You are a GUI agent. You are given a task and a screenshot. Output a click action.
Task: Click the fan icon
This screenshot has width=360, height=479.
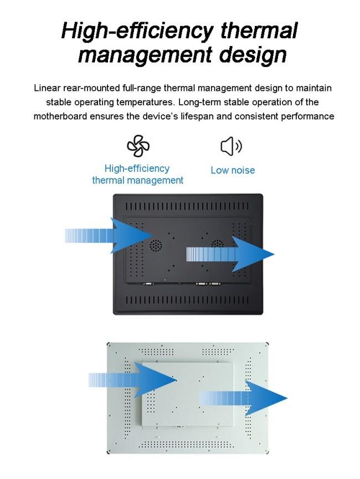[x=138, y=146]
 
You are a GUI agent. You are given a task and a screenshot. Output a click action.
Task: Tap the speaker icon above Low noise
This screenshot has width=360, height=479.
[x=232, y=146]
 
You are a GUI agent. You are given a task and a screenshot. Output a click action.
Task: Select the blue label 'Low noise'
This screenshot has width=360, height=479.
[x=233, y=170]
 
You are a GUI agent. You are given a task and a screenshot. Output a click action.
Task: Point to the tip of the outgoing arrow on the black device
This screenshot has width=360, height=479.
[x=274, y=254]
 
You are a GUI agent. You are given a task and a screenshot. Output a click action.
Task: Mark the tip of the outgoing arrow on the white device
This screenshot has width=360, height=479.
[x=287, y=399]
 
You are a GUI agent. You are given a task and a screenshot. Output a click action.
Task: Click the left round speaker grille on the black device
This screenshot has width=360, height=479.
[x=157, y=244]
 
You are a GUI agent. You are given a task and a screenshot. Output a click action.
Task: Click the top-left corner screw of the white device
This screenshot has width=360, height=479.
[x=110, y=344]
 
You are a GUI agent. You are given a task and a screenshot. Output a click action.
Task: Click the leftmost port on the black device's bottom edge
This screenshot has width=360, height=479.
[x=149, y=283]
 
